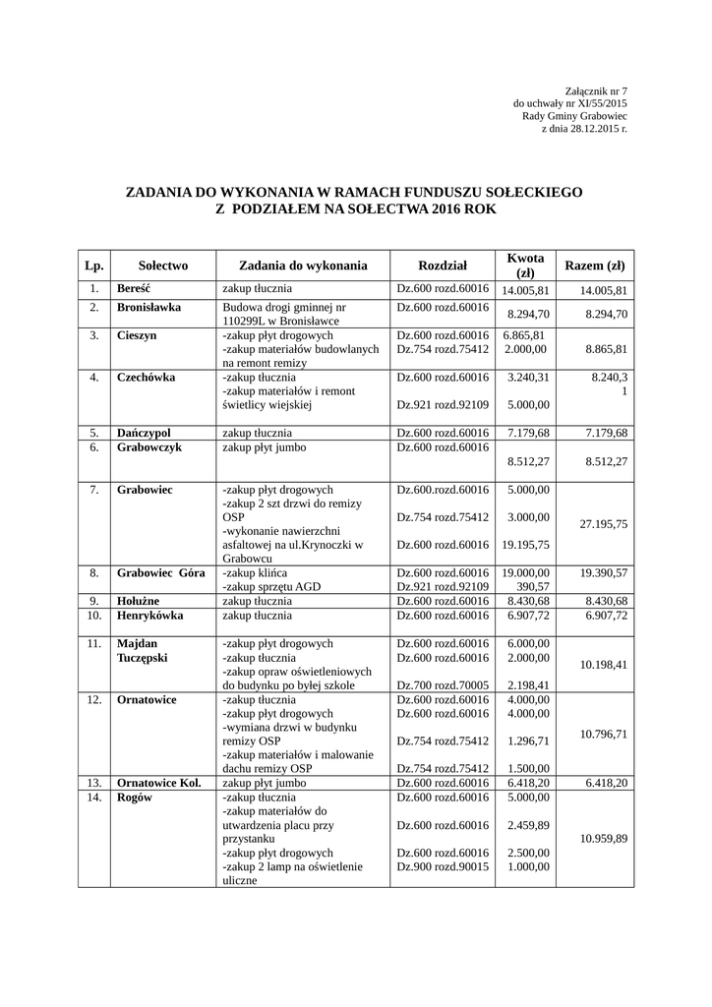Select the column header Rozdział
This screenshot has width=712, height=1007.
click(442, 266)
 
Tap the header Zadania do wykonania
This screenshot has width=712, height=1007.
click(303, 266)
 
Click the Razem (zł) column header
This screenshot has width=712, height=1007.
click(593, 266)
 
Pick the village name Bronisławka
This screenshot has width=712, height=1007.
click(148, 307)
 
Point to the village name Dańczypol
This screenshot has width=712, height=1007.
click(144, 433)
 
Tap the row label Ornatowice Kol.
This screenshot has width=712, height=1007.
click(158, 783)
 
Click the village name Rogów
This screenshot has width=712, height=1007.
click(132, 798)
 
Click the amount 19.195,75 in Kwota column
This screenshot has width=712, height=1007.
click(525, 545)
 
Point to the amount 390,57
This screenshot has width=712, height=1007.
click(531, 586)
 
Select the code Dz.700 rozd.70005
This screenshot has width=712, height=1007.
click(442, 684)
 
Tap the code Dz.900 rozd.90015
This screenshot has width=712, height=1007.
click(442, 866)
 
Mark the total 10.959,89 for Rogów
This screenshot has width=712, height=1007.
click(603, 839)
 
